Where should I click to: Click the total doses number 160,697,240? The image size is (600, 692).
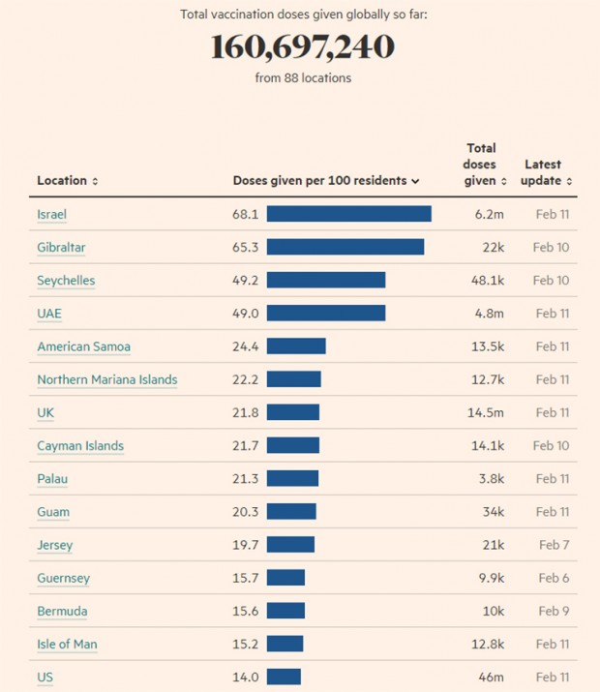[x=301, y=47]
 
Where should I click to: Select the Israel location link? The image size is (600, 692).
[x=51, y=214]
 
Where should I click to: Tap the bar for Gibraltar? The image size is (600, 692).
[x=345, y=247]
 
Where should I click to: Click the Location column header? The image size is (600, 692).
[x=67, y=181]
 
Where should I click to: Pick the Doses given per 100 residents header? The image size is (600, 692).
[x=325, y=181]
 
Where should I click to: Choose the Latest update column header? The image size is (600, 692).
[x=548, y=172]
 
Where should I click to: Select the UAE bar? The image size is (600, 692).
[x=325, y=314]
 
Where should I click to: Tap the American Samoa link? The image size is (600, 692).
[x=83, y=346]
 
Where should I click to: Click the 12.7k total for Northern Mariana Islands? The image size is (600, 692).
[x=485, y=379]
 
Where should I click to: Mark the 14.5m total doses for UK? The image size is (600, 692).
[x=483, y=413]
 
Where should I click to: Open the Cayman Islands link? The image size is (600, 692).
[x=80, y=446]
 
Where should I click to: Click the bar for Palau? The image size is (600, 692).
[x=292, y=479]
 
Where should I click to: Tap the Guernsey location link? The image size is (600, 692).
[x=63, y=578]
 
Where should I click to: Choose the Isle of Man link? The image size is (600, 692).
[x=67, y=645]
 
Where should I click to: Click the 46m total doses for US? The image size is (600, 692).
[x=492, y=677]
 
